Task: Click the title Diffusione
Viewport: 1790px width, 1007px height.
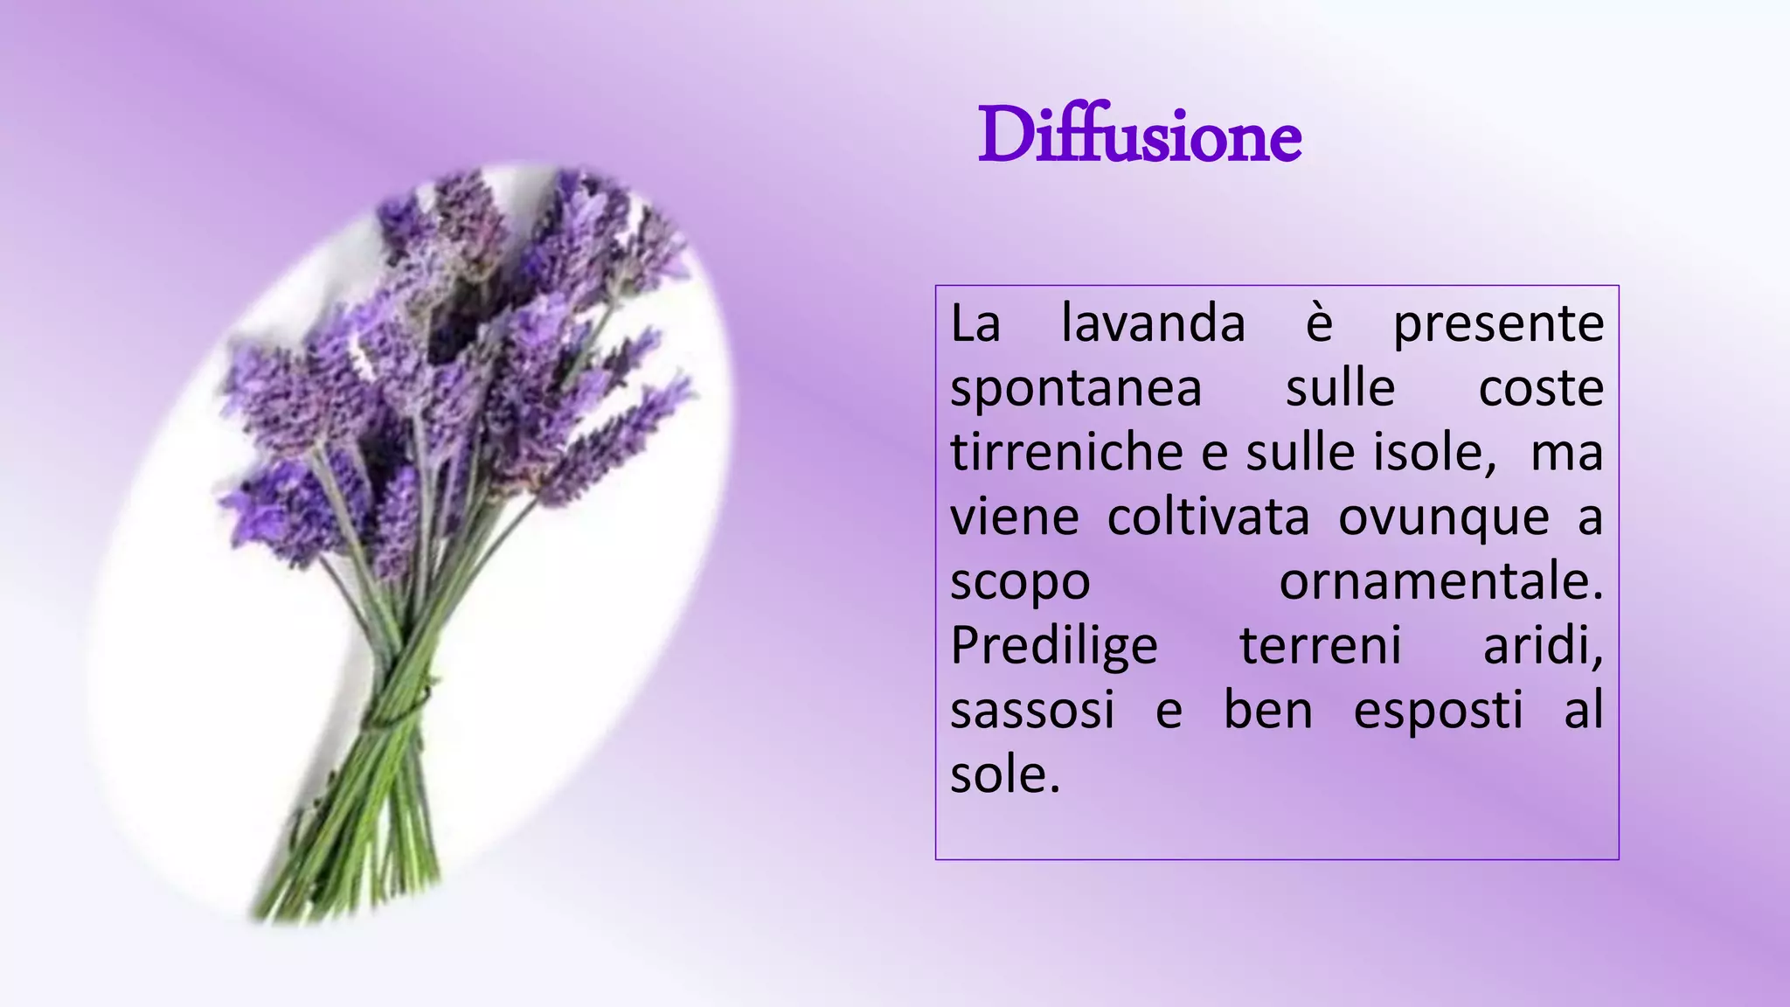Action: tap(1139, 136)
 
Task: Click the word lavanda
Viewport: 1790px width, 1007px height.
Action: tap(1153, 324)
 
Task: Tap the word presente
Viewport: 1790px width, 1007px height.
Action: tap(1498, 324)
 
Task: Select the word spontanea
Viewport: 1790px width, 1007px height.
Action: tap(1076, 390)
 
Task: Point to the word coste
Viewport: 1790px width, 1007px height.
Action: tap(1541, 389)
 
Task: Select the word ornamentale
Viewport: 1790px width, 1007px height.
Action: tap(1440, 582)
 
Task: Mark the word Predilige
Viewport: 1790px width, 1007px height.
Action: tap(1054, 648)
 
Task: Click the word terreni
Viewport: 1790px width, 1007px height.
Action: tap(1320, 647)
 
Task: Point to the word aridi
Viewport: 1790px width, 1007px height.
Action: tap(1543, 647)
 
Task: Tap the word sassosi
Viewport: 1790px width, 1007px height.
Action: tap(1032, 711)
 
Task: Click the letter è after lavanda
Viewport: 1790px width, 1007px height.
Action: tap(1319, 324)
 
